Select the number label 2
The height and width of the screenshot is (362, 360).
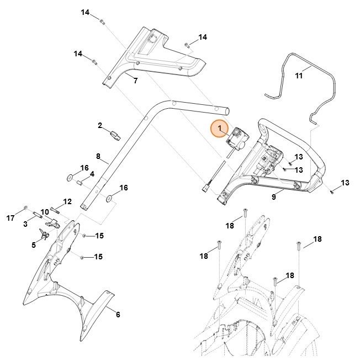point(100,126)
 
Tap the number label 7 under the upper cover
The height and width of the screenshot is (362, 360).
point(135,81)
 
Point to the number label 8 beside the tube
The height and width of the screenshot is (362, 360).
point(98,156)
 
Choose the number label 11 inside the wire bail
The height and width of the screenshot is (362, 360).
point(299,76)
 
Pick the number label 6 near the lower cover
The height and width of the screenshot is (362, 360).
point(117,315)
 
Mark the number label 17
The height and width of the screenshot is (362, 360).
point(10,218)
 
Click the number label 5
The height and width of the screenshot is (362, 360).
point(34,245)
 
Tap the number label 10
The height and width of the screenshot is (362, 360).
point(44,212)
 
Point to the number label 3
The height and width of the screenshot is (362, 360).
point(25,224)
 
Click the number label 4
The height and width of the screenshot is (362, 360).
point(92,174)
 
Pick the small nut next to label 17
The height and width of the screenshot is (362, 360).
point(26,209)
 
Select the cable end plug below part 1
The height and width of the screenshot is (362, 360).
point(205,188)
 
